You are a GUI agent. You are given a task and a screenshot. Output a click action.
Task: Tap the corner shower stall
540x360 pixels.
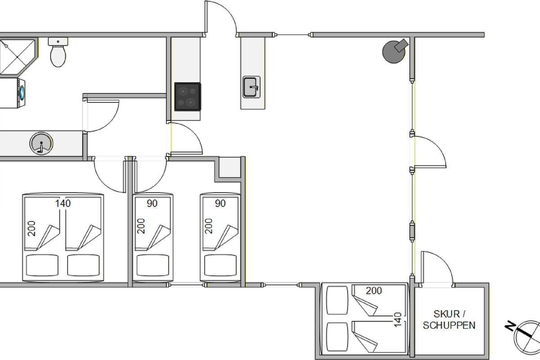pyautogui.click(x=18, y=57)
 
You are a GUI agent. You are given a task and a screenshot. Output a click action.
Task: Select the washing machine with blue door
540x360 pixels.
pyautogui.click(x=13, y=93)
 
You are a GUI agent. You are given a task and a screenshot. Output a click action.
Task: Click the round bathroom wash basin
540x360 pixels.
pyautogui.click(x=41, y=143)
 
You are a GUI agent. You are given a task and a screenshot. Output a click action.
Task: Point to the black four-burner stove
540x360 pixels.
pyautogui.click(x=188, y=97)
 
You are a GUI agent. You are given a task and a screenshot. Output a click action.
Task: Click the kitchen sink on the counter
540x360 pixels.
pyautogui.click(x=252, y=87)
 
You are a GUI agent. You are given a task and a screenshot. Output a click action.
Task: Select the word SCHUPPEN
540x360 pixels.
pyautogui.click(x=449, y=325)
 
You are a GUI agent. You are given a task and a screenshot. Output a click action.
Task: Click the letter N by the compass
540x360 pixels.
pyautogui.click(x=510, y=326)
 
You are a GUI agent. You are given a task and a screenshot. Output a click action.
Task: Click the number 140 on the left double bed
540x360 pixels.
pyautogui.click(x=63, y=203)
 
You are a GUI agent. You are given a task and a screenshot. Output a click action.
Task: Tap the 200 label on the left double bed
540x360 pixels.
pyautogui.click(x=31, y=228)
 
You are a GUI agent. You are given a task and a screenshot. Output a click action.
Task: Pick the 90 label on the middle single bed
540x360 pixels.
pyautogui.click(x=152, y=203)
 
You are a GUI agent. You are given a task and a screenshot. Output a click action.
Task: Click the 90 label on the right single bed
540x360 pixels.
pyautogui.click(x=220, y=203)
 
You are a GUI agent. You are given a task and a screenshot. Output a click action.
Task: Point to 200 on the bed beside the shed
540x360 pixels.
pyautogui.click(x=373, y=291)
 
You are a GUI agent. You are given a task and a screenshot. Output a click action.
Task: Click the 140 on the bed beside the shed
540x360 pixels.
pyautogui.click(x=398, y=320)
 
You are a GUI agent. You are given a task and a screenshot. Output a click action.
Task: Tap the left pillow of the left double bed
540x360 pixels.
pyautogui.click(x=42, y=265)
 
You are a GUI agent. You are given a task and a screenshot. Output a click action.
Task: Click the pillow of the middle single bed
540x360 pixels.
pyautogui.click(x=153, y=265)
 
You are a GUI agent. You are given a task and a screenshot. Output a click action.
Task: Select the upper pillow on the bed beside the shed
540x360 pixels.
pyautogui.click(x=337, y=300)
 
